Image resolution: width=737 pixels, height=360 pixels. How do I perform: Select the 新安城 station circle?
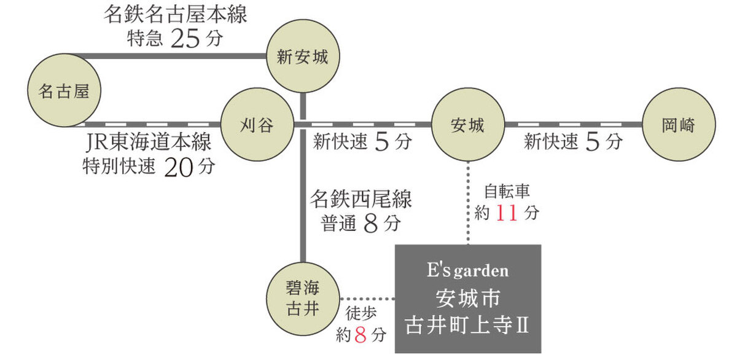point(302,58)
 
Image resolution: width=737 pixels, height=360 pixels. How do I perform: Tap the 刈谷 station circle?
point(257,125)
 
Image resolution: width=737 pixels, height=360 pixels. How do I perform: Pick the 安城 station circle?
point(468,125)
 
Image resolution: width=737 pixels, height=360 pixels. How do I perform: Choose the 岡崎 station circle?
point(678,125)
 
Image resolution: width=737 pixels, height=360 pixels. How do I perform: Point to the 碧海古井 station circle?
point(302,298)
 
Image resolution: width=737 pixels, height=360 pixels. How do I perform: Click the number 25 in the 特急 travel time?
point(186,39)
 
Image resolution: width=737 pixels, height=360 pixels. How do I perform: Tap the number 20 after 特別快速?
point(179,166)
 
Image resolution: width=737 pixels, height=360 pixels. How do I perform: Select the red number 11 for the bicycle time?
point(507,213)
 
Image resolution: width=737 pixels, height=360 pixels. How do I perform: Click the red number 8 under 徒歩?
point(361,335)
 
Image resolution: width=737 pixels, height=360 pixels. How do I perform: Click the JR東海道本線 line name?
point(149,143)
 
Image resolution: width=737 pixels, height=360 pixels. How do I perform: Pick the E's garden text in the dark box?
point(467,271)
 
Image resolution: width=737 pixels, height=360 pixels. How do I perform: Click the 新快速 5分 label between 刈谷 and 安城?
point(362,143)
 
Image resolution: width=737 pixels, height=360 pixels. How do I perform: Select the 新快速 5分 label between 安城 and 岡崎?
point(572,143)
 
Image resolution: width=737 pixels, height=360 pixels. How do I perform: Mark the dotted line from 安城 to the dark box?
point(468,203)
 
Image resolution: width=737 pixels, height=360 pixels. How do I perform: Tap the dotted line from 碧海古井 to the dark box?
point(367,299)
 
